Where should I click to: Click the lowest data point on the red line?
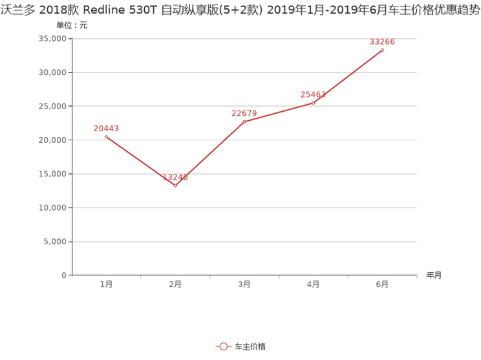point(175,186)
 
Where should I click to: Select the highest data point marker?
point(382,50)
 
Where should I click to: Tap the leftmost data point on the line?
point(106,136)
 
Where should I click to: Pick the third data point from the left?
point(244,122)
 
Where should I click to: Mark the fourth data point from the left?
point(314,102)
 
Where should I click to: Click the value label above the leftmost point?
point(107,128)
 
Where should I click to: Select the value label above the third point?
point(244,113)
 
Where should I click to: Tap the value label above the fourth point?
point(314,94)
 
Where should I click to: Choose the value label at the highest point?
point(382,42)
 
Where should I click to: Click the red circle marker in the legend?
point(223,347)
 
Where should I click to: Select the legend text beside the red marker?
point(250,347)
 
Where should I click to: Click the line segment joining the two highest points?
point(349,75)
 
